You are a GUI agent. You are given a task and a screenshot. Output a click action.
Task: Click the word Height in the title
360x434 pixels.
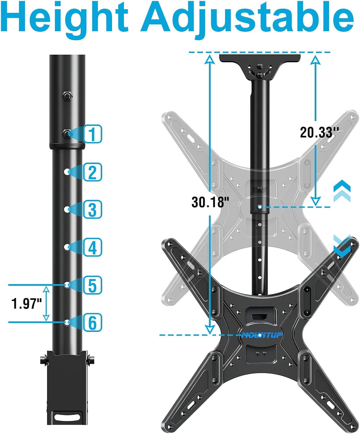66,19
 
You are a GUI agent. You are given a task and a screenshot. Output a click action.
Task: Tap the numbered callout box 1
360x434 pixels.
93,134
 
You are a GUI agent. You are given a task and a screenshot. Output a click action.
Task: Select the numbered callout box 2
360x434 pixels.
93,172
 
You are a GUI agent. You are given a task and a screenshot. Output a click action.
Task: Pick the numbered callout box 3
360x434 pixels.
93,209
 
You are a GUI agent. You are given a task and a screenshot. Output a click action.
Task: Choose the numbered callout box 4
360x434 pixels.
93,248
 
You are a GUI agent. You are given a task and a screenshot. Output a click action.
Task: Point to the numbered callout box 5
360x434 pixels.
93,285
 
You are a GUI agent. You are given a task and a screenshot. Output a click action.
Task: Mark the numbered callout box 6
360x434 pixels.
93,323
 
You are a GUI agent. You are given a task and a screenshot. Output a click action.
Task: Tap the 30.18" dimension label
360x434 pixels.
210,202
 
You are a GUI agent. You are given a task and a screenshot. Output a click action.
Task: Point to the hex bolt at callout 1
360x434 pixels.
67,134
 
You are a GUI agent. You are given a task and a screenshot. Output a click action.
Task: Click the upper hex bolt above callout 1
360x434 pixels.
67,96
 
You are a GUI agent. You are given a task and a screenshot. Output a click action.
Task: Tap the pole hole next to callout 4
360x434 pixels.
67,247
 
